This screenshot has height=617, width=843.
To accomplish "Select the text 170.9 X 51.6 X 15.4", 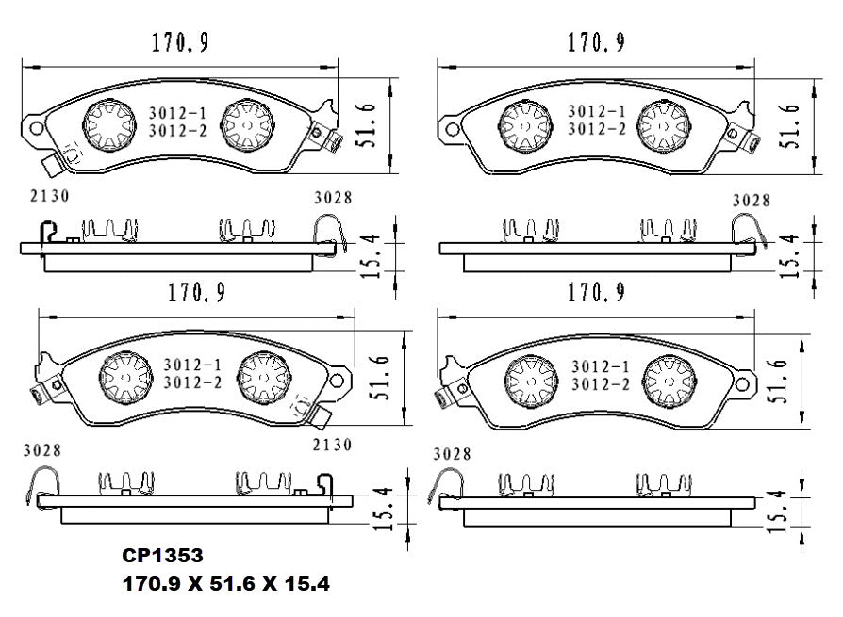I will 225,584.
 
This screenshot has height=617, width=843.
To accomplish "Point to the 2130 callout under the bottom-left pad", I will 332,445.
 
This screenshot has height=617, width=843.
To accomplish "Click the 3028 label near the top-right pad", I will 751,201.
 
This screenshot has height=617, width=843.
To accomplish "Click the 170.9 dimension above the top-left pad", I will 180,42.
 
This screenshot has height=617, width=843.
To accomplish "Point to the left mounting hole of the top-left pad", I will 35,127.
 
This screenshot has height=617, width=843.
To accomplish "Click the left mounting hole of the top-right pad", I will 449,127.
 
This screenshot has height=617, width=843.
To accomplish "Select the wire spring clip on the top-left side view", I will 328,230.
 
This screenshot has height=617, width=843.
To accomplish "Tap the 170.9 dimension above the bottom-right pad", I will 595,293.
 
